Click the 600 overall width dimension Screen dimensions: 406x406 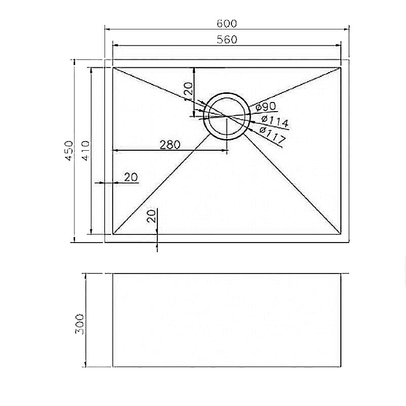[x=226, y=23]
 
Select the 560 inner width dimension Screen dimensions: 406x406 [x=227, y=40]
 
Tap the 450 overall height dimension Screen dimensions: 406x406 [x=69, y=151]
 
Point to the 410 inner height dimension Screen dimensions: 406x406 [x=85, y=151]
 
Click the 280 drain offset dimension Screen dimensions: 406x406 [x=170, y=145]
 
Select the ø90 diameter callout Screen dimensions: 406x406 [x=265, y=107]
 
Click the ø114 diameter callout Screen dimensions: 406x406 [x=275, y=122]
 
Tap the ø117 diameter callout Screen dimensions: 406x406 [x=272, y=135]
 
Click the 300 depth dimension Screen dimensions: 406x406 [x=80, y=324]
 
